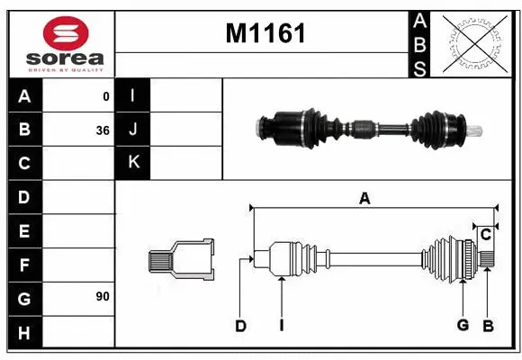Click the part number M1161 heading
coord(265,34)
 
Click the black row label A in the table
coord(24,96)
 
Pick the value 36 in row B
coord(103,130)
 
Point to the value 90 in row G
coord(103,296)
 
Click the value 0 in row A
coord(106,96)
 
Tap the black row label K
coord(133,162)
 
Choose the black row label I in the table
coord(133,96)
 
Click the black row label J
coord(133,130)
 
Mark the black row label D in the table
coord(24,196)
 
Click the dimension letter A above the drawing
coord(364,199)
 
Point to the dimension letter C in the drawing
coord(485,235)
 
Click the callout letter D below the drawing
coord(241,326)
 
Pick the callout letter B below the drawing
coord(488,326)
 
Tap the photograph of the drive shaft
coord(369,128)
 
